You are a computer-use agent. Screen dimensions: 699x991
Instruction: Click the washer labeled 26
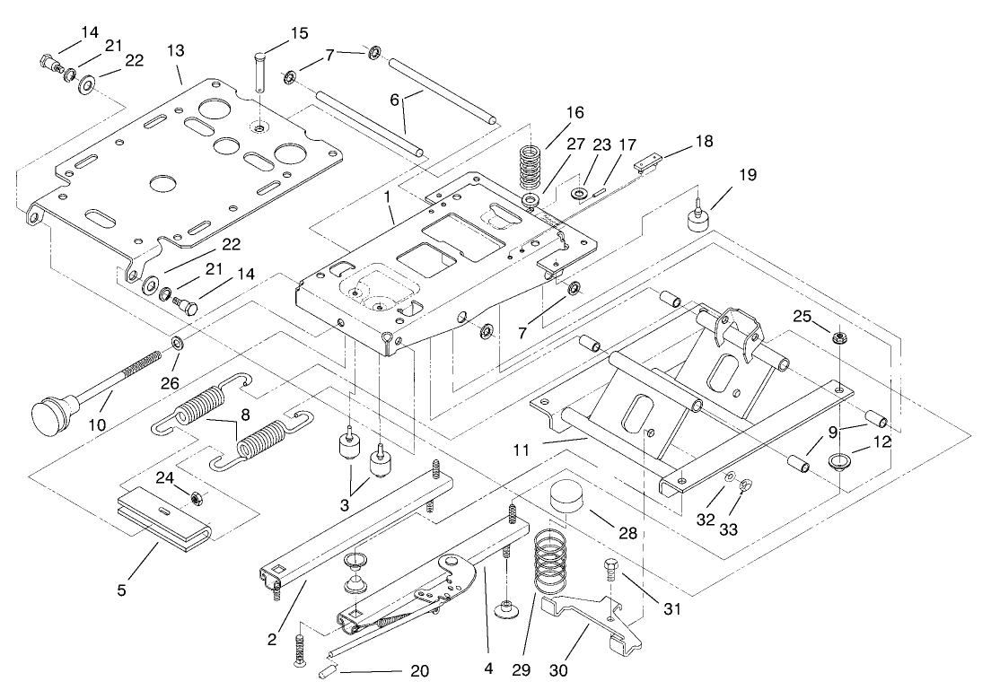[178, 343]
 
